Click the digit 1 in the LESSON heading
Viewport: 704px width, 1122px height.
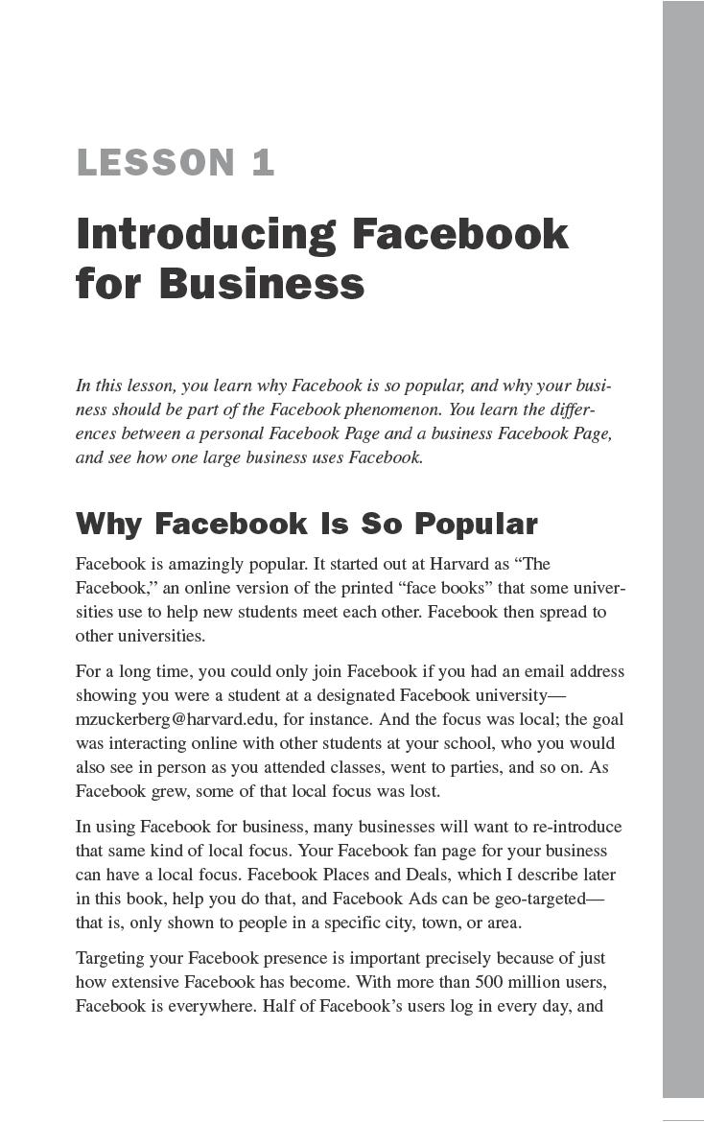(263, 163)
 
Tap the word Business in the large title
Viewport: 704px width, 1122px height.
(261, 285)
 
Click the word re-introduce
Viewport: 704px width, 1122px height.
(573, 827)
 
